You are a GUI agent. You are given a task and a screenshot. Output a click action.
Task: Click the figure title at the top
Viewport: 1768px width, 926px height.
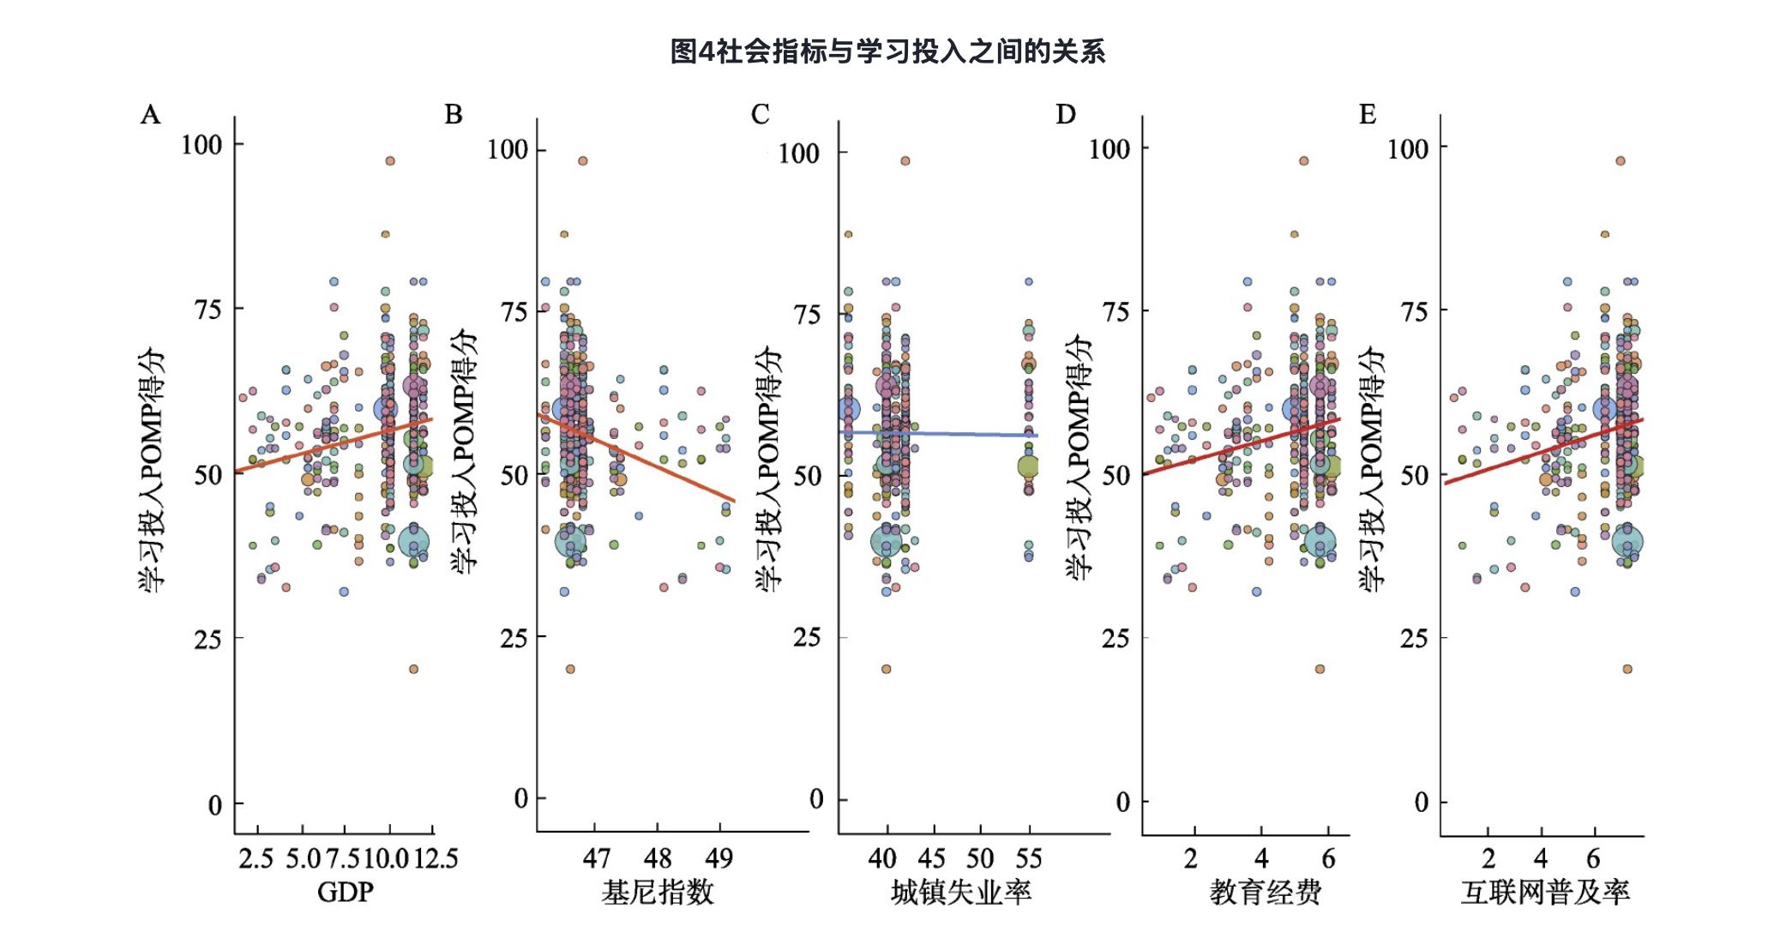pyautogui.click(x=887, y=51)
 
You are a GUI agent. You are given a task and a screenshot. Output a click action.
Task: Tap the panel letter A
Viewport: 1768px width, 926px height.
pyautogui.click(x=150, y=114)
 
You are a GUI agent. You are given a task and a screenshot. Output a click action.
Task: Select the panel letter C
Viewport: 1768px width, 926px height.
pyautogui.click(x=760, y=114)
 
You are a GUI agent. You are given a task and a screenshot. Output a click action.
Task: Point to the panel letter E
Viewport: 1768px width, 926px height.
pyautogui.click(x=1368, y=114)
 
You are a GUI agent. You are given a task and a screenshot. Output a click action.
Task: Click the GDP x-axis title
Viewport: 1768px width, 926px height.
pyautogui.click(x=345, y=892)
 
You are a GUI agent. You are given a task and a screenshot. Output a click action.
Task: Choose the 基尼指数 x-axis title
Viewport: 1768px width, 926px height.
pyautogui.click(x=658, y=892)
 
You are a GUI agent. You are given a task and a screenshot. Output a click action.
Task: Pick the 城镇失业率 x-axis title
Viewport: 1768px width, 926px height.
pyautogui.click(x=961, y=892)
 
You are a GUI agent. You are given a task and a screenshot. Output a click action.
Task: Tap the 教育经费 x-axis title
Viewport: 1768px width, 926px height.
pyautogui.click(x=1266, y=892)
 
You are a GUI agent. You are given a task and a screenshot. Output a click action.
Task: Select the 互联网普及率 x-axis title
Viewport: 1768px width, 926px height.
pyautogui.click(x=1545, y=892)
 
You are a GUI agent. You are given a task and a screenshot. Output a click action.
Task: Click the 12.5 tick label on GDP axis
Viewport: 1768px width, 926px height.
pyautogui.click(x=436, y=858)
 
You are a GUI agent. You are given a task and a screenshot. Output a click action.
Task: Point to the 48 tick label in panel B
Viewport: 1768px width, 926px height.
pyautogui.click(x=658, y=858)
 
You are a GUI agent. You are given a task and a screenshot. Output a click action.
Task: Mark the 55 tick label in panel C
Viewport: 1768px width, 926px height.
pyautogui.click(x=1028, y=858)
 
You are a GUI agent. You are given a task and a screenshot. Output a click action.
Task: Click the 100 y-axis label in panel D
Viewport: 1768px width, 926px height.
pyautogui.click(x=1109, y=149)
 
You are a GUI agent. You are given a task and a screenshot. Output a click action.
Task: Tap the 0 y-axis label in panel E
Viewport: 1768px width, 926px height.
pyautogui.click(x=1421, y=803)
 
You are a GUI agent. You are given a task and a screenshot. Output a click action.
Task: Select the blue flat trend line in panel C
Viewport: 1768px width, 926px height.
pyautogui.click(x=960, y=434)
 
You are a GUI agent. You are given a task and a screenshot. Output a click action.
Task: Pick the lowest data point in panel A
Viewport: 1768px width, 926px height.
pyautogui.click(x=413, y=669)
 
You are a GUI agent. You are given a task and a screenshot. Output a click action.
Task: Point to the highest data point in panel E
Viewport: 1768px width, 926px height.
pyautogui.click(x=1621, y=160)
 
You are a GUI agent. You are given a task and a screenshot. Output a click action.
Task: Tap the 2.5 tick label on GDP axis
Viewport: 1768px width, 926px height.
pyautogui.click(x=256, y=858)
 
